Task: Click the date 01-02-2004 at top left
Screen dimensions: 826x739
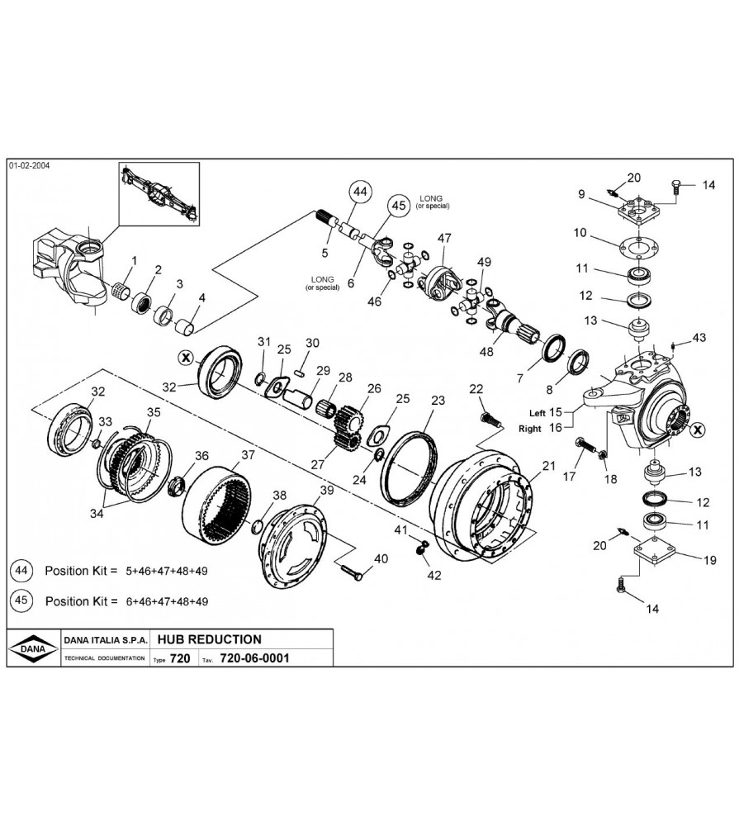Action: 30,165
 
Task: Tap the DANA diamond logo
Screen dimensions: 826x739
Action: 32,648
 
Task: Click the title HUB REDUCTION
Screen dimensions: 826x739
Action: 209,639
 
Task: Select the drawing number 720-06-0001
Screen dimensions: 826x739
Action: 254,658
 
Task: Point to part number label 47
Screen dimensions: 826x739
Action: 444,239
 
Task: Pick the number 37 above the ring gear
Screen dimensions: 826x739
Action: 248,455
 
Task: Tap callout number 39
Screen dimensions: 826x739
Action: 326,491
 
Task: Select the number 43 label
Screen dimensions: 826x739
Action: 699,337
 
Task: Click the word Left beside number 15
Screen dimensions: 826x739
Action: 538,411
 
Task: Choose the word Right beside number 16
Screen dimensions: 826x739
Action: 530,429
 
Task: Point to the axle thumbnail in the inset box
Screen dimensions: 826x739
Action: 159,192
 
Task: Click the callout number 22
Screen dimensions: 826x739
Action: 476,389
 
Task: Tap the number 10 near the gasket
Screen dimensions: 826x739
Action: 581,233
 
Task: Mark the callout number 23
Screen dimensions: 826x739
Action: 438,401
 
